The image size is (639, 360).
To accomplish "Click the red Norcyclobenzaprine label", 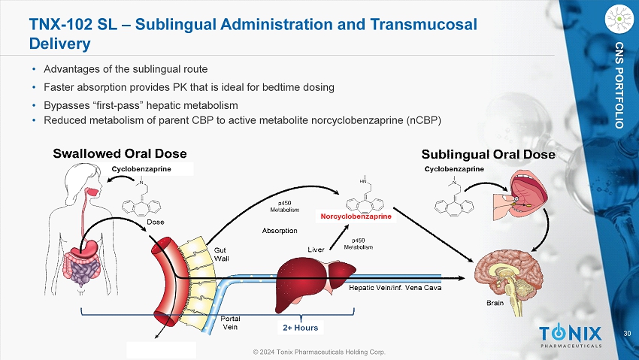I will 356,217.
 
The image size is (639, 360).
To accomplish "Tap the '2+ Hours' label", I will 300,328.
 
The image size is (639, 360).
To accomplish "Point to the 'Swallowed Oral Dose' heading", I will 120,154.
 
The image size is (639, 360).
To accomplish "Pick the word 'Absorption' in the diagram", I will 280,231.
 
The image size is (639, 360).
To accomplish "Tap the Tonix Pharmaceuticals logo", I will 571,336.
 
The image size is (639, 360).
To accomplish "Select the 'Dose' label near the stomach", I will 156,222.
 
